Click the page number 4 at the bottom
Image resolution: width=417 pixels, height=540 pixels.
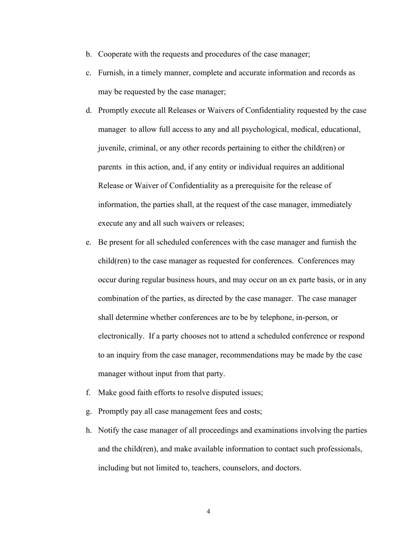208,511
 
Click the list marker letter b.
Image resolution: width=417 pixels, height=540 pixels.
88,54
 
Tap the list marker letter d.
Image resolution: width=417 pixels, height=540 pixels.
88,110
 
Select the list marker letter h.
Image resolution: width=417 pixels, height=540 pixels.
88,430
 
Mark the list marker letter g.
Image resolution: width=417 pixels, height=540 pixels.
88,412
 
